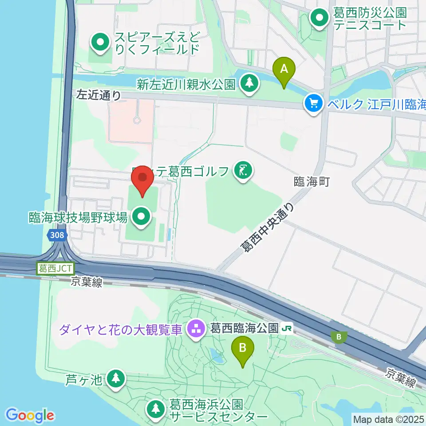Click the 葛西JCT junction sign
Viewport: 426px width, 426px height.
[x=55, y=268]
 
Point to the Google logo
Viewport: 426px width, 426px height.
[x=30, y=415]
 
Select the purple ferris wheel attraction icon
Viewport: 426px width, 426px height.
[x=195, y=329]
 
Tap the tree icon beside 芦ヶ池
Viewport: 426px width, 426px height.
[x=116, y=379]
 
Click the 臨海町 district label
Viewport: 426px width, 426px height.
[x=312, y=181]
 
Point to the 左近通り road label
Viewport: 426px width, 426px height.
[x=99, y=94]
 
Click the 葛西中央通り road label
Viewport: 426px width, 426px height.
[x=268, y=227]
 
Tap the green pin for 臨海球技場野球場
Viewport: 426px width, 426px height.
[x=142, y=217]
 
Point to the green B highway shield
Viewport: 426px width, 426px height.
[x=339, y=337]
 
